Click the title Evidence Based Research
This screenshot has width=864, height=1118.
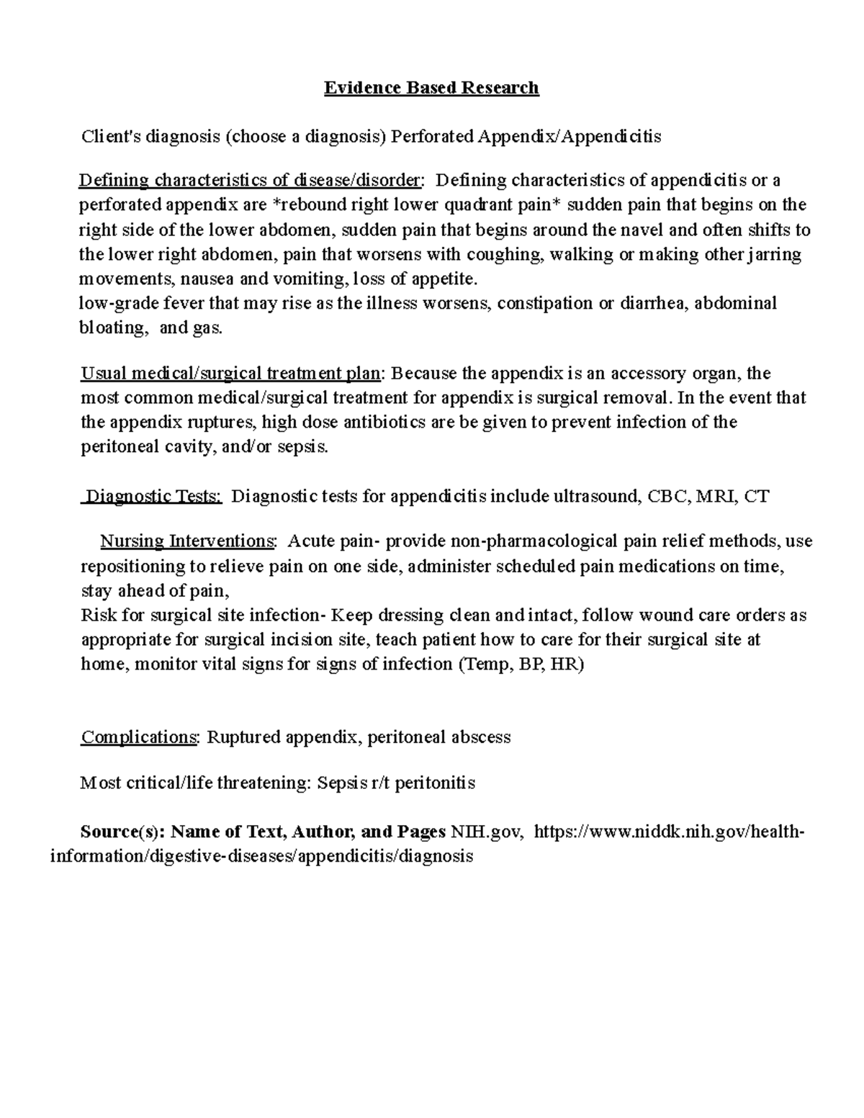[x=431, y=88]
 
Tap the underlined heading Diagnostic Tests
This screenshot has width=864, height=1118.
[x=153, y=496]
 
